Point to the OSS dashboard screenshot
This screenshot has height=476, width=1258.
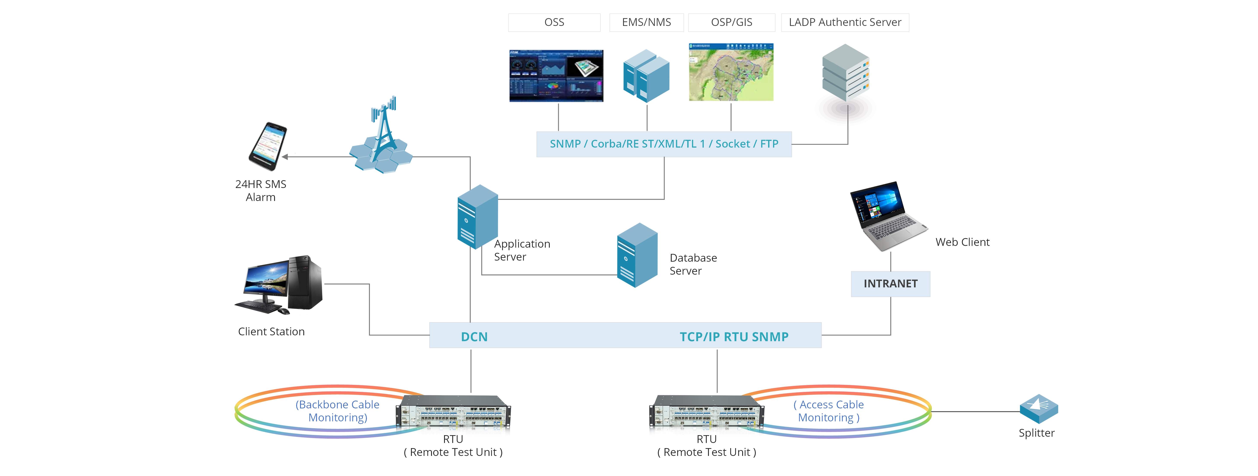(x=556, y=76)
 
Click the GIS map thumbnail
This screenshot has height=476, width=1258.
(x=731, y=72)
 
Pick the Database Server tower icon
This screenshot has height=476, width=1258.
(x=637, y=255)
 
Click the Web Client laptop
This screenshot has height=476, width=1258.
(x=888, y=216)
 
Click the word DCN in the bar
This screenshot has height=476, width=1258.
(x=474, y=337)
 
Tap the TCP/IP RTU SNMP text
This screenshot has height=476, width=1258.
(x=734, y=337)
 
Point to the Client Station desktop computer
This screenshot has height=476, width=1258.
(x=279, y=285)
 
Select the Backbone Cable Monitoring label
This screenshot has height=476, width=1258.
(x=337, y=411)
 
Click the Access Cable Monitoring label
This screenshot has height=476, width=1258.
(x=829, y=411)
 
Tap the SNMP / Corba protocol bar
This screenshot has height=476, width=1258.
(x=664, y=144)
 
